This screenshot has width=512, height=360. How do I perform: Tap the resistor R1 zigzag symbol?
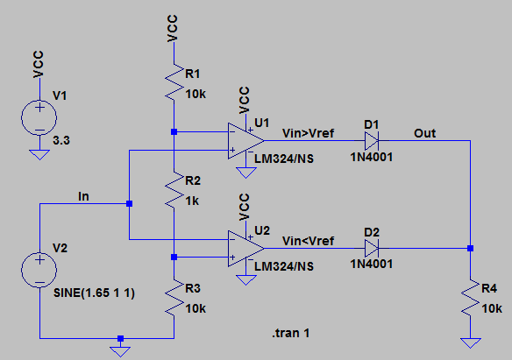point(174,81)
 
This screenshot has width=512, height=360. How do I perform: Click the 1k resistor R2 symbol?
point(174,189)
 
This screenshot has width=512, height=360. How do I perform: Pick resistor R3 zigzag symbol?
point(174,297)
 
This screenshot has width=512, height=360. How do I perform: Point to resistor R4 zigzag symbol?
point(470,297)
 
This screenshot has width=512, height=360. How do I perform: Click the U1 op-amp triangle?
point(245,141)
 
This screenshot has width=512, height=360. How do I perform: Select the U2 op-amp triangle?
point(245,249)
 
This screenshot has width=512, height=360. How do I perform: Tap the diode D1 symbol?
point(372,141)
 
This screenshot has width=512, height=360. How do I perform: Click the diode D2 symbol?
point(372,249)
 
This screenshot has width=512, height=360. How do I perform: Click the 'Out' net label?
point(425,133)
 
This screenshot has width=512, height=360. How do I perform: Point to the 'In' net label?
point(83,196)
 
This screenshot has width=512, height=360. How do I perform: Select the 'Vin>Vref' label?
point(309,133)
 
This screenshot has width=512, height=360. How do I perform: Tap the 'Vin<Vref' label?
point(309,241)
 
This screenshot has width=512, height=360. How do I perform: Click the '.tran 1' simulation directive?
point(290,333)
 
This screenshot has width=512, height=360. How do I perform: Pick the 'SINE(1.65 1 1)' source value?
point(94,293)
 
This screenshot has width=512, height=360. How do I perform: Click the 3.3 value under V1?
point(61,140)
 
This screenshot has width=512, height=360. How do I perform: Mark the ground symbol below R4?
point(470,343)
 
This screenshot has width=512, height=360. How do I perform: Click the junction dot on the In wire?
point(129,204)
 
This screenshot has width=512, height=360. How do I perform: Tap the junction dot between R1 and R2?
point(174,131)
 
